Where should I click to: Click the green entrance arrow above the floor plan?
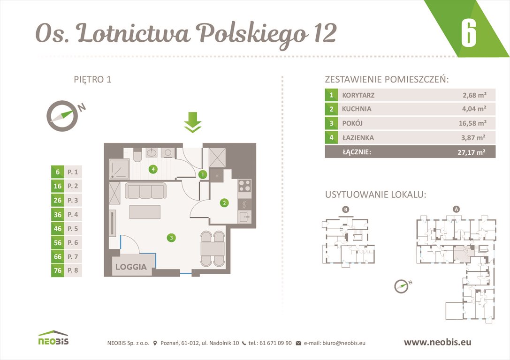(192, 122)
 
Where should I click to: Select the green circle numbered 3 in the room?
(172, 238)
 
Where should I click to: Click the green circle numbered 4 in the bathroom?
(152, 169)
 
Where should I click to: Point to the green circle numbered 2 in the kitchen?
(225, 203)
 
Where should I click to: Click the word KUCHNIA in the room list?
(357, 109)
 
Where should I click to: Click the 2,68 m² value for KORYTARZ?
(474, 95)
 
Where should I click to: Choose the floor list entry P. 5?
(73, 228)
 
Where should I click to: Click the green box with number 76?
(57, 270)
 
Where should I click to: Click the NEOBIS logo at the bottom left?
(53, 338)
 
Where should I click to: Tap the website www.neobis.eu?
(437, 342)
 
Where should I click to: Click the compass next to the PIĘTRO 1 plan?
(61, 115)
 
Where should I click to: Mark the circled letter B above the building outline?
(346, 210)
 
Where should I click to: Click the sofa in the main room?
(145, 191)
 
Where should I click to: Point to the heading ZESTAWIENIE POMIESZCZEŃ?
(387, 79)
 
